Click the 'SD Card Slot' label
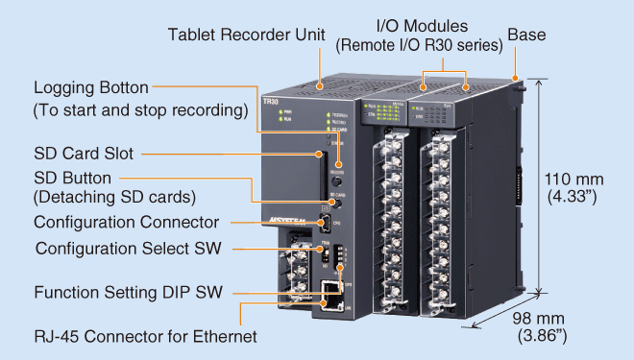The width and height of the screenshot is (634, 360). pyautogui.click(x=84, y=153)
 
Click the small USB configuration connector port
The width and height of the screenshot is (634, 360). pyautogui.click(x=328, y=226)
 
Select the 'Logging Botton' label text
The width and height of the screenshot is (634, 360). pyautogui.click(x=93, y=88)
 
